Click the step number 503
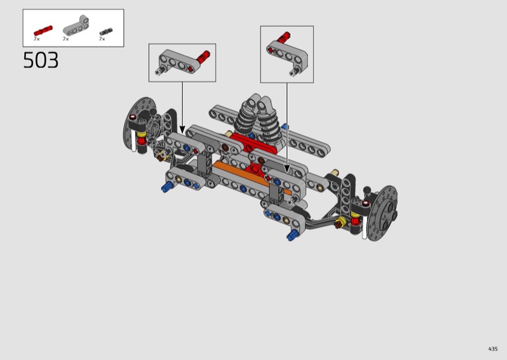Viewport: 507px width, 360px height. coord(41,60)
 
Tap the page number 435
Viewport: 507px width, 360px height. coord(493,349)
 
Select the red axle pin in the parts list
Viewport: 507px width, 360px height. coord(43,30)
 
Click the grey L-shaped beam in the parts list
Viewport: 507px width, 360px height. coord(76,25)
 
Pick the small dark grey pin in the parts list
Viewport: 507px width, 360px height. coord(106,32)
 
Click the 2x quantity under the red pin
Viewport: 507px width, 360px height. coord(37,39)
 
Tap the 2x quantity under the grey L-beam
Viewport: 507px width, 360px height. coord(66,39)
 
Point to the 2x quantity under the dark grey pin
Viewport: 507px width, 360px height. coord(102,39)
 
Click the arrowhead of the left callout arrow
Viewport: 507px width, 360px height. coord(182,130)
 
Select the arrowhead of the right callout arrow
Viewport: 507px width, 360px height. coord(287,169)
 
